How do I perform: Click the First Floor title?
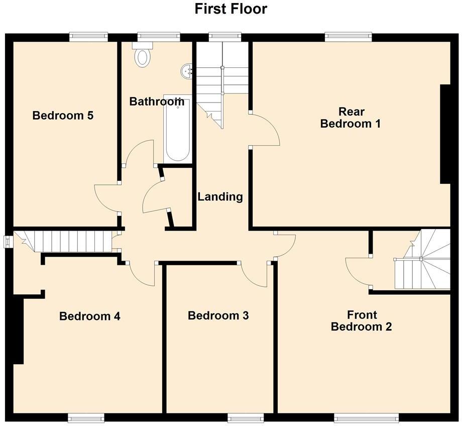[231, 9]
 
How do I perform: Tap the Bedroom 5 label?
[63, 116]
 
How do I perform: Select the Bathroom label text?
[156, 101]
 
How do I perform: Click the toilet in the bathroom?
[142, 55]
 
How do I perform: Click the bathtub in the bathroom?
[177, 130]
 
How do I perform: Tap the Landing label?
[220, 196]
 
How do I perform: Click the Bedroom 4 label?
[89, 316]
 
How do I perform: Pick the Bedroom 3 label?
[218, 315]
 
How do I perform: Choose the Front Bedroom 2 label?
[361, 321]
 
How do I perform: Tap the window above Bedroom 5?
[88, 36]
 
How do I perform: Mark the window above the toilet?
[159, 36]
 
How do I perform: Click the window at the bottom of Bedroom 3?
[245, 417]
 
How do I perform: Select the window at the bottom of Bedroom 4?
[86, 417]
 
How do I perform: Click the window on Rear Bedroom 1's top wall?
[348, 36]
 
